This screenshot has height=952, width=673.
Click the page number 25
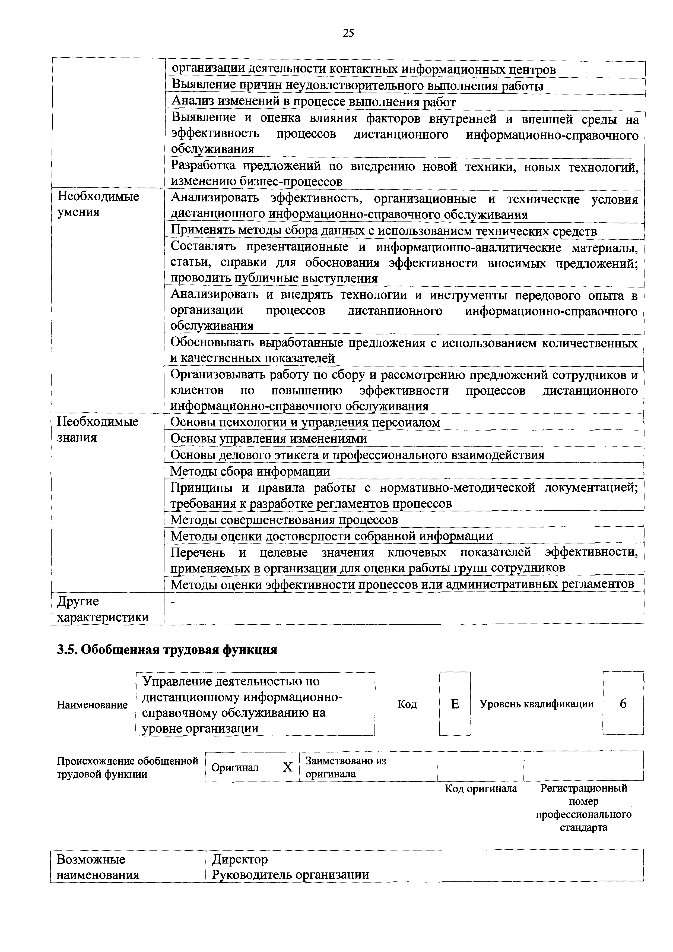click(x=348, y=33)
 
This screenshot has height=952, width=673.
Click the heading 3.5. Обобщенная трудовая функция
click(x=167, y=649)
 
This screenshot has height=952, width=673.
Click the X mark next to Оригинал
click(x=288, y=767)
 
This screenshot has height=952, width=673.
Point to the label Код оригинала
click(x=481, y=788)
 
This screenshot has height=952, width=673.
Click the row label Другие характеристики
click(x=103, y=609)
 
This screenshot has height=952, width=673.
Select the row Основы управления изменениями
click(x=269, y=438)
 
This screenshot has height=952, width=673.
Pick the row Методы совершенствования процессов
click(x=284, y=520)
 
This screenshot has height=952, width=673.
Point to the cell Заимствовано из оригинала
click(x=346, y=767)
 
